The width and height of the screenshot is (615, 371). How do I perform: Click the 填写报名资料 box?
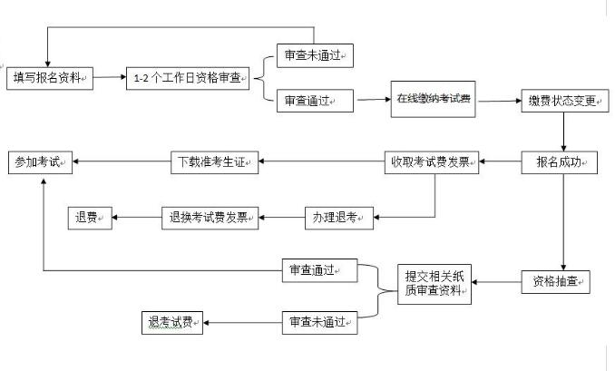49,78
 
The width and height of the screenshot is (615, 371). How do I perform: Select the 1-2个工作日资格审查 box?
187,78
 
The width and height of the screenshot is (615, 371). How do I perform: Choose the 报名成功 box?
561,163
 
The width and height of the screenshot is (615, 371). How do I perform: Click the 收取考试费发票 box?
431,163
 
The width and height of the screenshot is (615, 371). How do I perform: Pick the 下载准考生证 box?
215,163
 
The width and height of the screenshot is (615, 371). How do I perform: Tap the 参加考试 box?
40,163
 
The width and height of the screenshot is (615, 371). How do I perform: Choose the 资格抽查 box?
555,281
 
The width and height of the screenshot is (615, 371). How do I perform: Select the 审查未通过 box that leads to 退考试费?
317,321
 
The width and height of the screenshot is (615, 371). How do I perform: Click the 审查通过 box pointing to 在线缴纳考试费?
315,100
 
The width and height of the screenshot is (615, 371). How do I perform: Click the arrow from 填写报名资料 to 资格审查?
107,78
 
